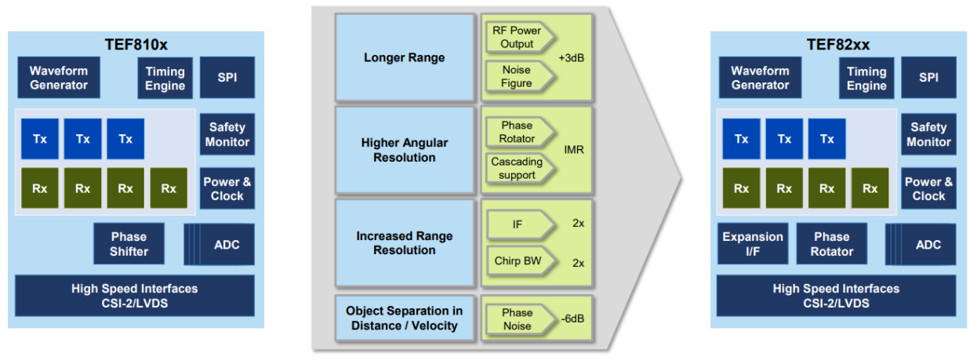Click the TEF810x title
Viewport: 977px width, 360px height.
click(136, 44)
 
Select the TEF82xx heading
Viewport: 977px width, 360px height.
click(837, 44)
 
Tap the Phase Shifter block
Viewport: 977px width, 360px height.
click(129, 244)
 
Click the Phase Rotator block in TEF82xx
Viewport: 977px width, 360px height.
click(831, 244)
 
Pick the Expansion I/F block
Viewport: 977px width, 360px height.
click(752, 244)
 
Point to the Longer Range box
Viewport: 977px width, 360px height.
click(405, 58)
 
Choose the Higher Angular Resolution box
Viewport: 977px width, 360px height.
click(405, 151)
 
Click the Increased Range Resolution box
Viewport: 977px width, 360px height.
click(405, 243)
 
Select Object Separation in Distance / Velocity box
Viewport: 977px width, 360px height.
click(405, 318)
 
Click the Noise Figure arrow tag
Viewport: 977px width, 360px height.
click(517, 77)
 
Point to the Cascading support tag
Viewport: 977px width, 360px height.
click(517, 169)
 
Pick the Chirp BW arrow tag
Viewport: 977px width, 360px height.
click(518, 261)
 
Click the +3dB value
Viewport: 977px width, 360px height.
click(572, 58)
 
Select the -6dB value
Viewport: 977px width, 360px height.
click(574, 318)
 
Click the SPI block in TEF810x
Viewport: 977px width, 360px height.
click(227, 78)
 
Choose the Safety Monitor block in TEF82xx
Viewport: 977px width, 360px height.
click(928, 134)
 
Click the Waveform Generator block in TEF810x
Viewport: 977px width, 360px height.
click(60, 78)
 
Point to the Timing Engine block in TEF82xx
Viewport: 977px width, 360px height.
click(866, 78)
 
